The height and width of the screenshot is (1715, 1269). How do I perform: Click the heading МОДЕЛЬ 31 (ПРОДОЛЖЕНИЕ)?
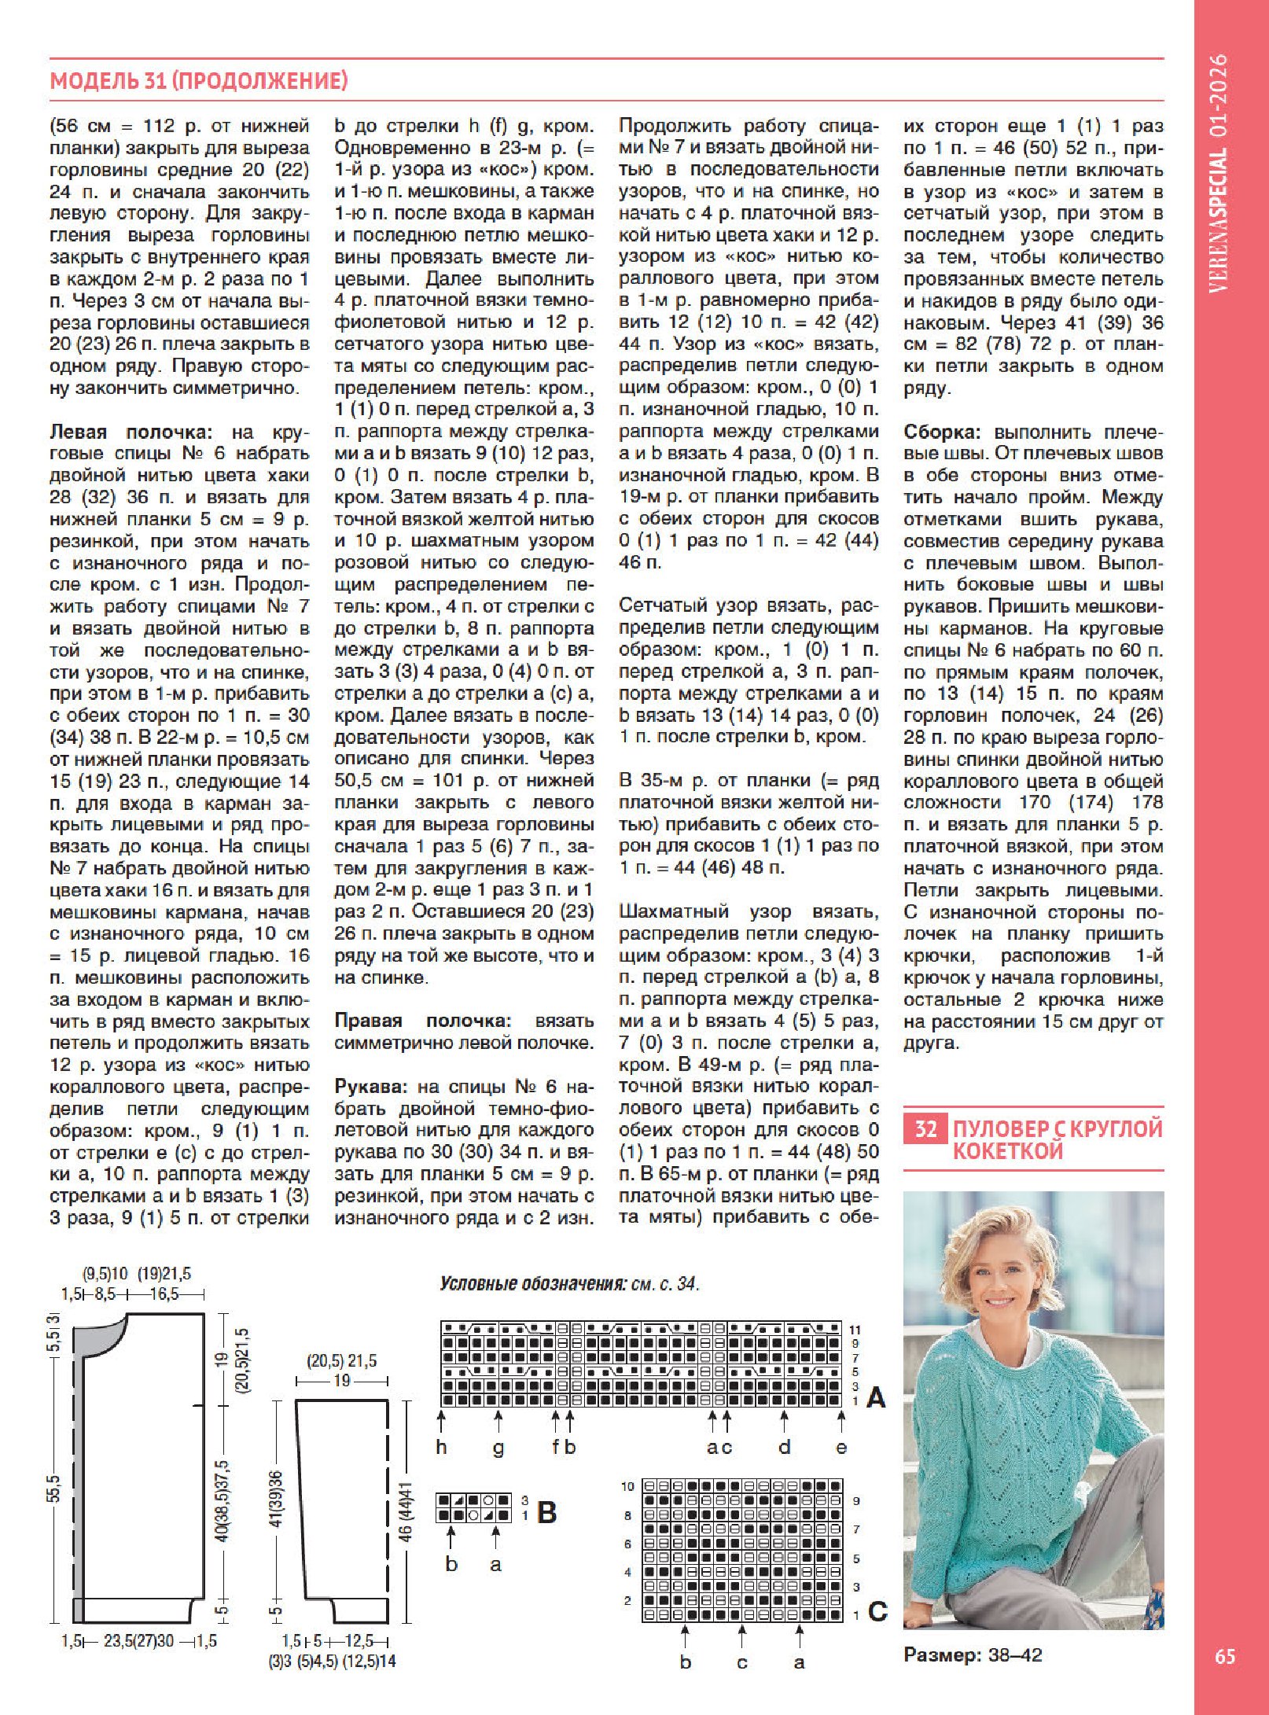pos(198,80)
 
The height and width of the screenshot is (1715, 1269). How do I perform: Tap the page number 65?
pos(1225,1655)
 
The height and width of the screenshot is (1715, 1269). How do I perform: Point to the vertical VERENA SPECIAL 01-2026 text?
pos(1219,173)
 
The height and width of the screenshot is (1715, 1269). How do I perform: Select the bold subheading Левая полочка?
pos(131,432)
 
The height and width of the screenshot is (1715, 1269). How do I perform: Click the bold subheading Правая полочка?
pos(424,1021)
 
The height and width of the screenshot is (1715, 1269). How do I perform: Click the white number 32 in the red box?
pos(925,1129)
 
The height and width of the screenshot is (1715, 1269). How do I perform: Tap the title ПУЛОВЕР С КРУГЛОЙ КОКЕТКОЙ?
pos(1057,1139)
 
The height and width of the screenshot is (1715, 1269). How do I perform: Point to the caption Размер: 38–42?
pos(973,1654)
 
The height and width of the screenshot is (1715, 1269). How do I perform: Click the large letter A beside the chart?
pos(876,1397)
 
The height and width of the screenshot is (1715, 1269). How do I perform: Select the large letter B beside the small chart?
pos(547,1512)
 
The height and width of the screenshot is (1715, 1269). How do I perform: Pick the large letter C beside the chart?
pos(877,1611)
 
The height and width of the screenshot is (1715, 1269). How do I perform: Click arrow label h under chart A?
pos(441,1447)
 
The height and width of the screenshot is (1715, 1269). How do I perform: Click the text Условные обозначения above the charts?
pos(532,1284)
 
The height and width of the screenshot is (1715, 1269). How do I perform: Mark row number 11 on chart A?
pos(855,1330)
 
